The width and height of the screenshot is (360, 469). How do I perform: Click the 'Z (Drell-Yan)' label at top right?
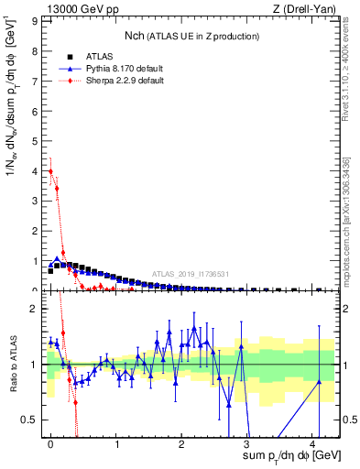tap(307, 9)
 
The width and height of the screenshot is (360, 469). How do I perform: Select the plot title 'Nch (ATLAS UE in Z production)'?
tap(191, 35)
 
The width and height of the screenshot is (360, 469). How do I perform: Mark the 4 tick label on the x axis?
tap(312, 443)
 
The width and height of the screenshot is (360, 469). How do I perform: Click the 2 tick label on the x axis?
tap(181, 443)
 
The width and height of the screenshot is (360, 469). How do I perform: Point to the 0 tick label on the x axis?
tap(50, 443)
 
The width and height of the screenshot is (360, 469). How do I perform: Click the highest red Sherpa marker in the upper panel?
tap(51, 171)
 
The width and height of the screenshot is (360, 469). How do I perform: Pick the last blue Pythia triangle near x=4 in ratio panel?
tap(319, 382)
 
